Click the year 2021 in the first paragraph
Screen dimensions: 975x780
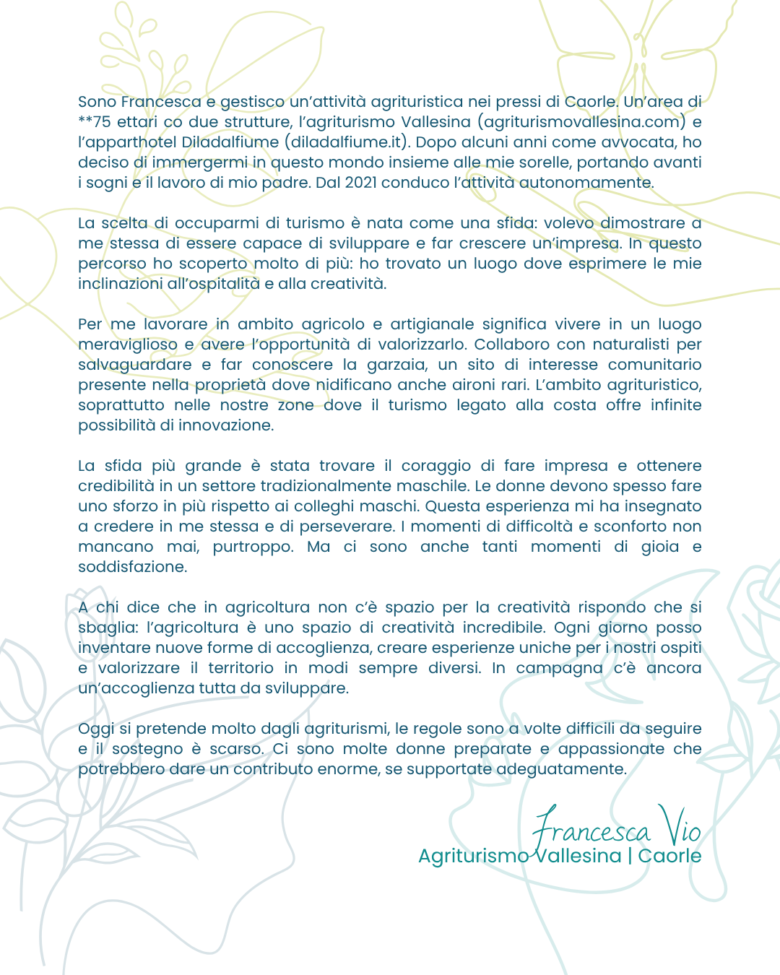[x=360, y=183]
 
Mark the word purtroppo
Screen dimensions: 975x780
[x=253, y=547]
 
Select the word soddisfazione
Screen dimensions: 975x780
[x=132, y=567]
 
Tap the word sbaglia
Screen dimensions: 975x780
[x=107, y=628]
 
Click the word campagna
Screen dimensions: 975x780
[x=559, y=668]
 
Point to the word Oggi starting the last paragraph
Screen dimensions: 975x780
[x=96, y=729]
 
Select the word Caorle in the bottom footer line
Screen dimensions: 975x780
[x=669, y=856]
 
